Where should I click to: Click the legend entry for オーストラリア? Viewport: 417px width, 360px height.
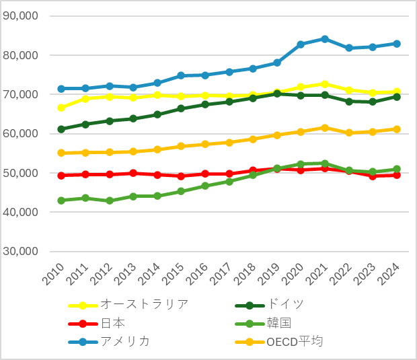tap(144, 303)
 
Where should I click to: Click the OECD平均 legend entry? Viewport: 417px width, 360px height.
tap(295, 342)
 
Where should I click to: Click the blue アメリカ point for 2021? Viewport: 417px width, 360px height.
tap(325, 39)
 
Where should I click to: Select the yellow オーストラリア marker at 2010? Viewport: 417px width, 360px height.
tap(61, 108)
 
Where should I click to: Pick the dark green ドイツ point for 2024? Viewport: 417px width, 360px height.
tap(397, 97)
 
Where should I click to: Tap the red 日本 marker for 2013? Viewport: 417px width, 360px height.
tap(133, 173)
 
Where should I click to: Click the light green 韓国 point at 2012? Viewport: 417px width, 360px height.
tap(109, 201)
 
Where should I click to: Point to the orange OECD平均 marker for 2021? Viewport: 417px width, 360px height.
tap(325, 128)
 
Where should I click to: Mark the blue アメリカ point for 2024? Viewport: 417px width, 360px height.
tap(397, 44)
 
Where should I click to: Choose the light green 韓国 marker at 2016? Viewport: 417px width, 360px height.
tap(205, 186)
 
